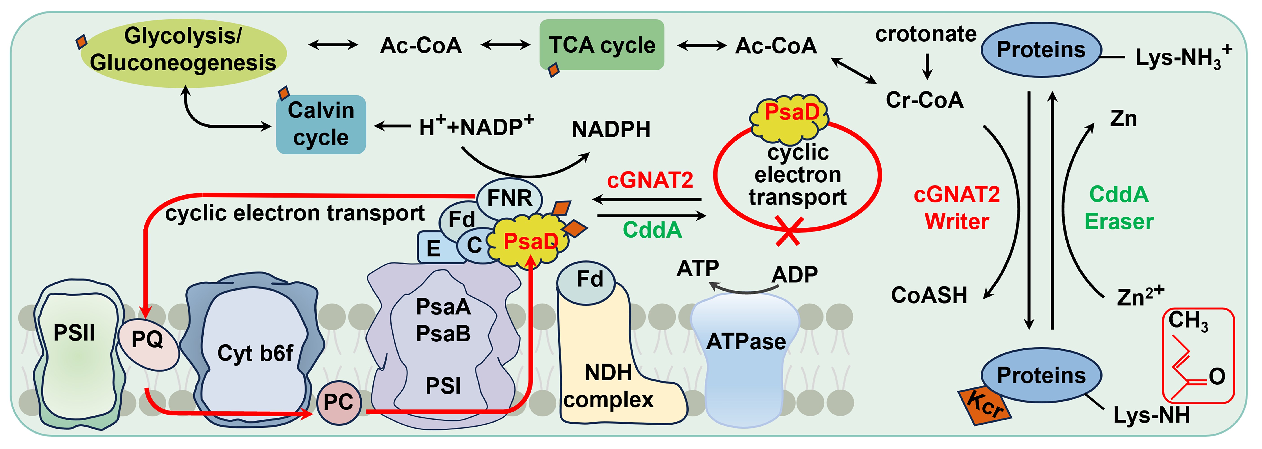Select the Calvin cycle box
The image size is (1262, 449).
[x=321, y=124]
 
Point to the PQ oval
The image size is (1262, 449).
[x=148, y=343]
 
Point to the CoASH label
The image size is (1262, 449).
[x=929, y=295]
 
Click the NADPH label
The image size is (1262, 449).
[x=611, y=130]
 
